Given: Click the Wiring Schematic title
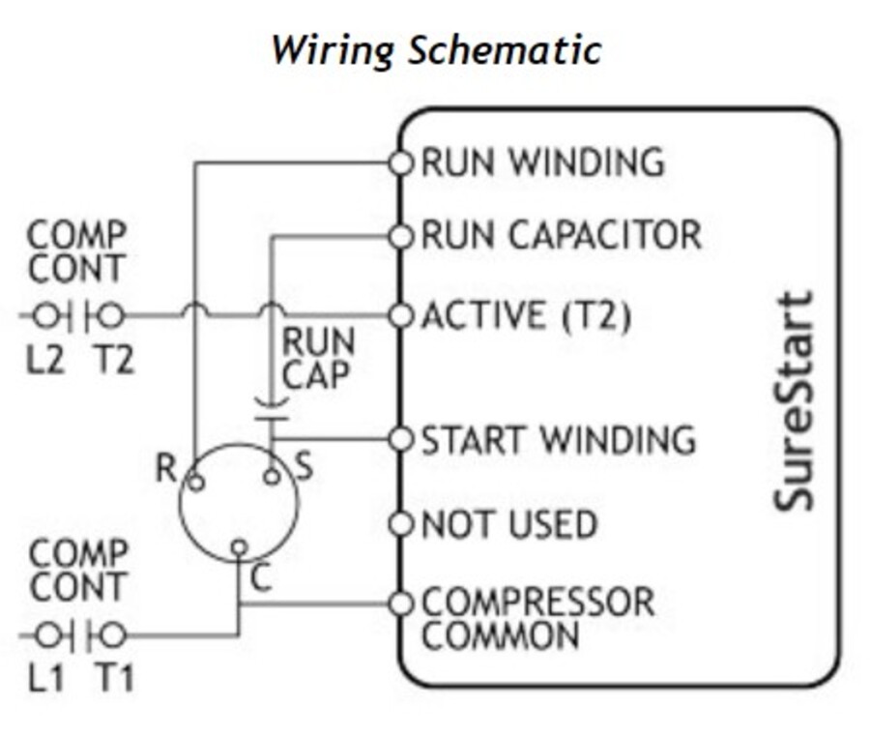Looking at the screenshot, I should tap(436, 49).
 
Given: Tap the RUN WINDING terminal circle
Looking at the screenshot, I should tap(400, 162).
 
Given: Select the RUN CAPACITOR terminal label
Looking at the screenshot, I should tap(561, 235).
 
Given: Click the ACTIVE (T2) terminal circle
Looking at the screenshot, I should tap(400, 315).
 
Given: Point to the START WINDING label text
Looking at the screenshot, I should tap(558, 440).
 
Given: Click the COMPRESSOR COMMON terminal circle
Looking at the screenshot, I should tap(400, 604).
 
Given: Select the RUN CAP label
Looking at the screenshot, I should tap(318, 359).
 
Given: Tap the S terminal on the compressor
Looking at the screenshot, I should tap(273, 476).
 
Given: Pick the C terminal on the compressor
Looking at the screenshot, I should tap(238, 550).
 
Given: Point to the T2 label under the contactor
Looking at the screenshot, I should tap(113, 361).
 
